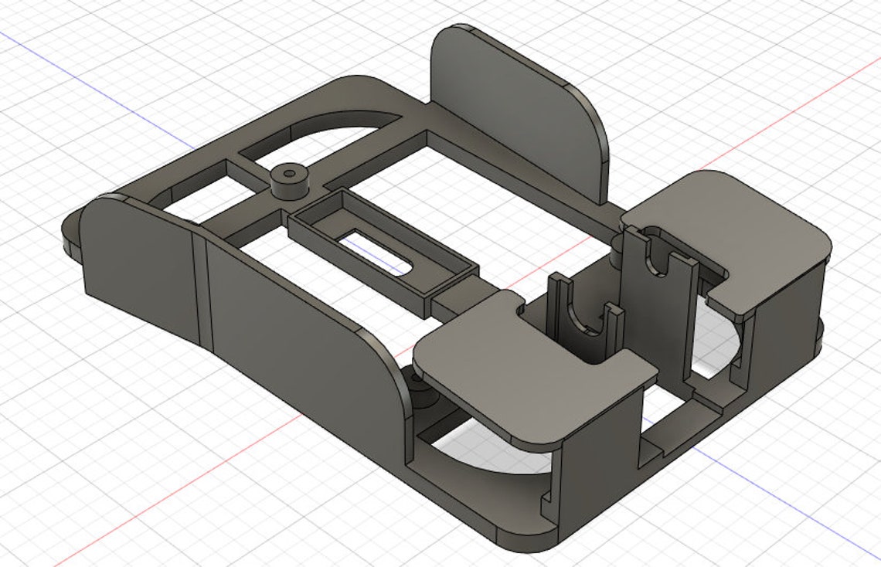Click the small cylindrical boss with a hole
pos(289,179)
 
